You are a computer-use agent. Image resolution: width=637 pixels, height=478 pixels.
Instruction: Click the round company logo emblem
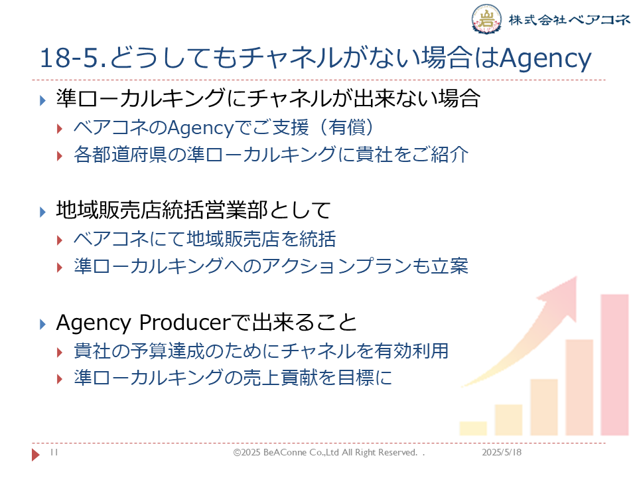[x=486, y=19]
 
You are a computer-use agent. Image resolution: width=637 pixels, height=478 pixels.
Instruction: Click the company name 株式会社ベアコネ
[x=569, y=19]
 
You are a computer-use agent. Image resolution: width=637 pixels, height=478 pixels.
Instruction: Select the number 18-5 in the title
[x=69, y=58]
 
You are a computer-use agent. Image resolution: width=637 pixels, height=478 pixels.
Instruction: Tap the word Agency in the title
[x=545, y=59]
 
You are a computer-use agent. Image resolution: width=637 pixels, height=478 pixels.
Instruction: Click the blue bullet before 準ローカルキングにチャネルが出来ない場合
[x=42, y=100]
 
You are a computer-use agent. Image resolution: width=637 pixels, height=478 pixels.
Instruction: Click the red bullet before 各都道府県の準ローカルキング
[x=60, y=155]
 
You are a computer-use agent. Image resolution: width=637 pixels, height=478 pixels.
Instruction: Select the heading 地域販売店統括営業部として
[x=193, y=210]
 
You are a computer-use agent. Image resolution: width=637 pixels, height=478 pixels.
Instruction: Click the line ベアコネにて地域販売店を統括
[x=205, y=238]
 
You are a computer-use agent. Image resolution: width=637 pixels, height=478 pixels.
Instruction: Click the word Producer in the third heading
[x=185, y=323]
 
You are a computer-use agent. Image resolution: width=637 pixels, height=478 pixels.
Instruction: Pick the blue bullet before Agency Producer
[x=42, y=324]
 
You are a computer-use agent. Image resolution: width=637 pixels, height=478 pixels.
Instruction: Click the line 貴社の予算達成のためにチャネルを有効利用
[x=261, y=351]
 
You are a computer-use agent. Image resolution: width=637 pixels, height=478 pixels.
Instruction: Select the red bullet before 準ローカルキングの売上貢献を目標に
[x=60, y=379]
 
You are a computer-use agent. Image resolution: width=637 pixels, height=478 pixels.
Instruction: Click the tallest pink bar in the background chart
[x=614, y=364]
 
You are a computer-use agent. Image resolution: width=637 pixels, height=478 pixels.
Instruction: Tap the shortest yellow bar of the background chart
[x=473, y=428]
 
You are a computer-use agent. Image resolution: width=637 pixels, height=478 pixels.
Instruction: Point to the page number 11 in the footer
[x=54, y=452]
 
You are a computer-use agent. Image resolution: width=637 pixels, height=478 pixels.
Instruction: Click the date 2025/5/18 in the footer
[x=502, y=452]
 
